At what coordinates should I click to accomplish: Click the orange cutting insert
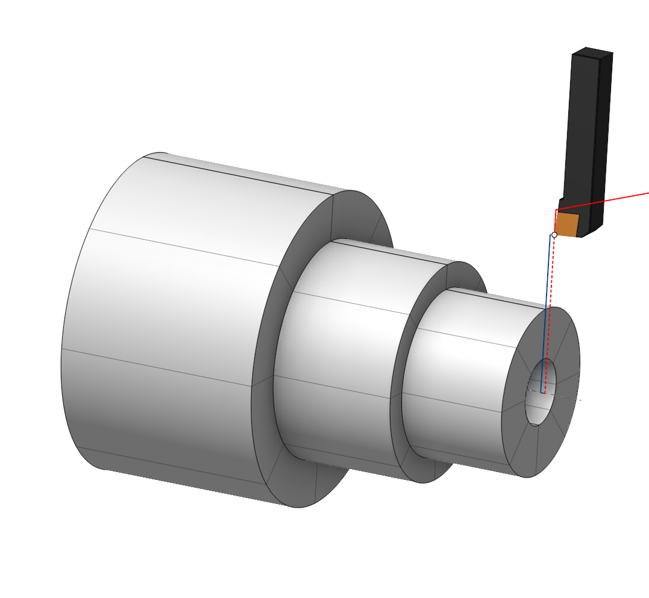(566, 224)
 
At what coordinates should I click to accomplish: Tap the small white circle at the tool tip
(554, 235)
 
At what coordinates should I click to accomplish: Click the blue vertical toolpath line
(548, 289)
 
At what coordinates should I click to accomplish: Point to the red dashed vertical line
(553, 271)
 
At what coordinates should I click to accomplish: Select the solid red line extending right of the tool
(609, 201)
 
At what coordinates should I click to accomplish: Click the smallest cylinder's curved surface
(464, 373)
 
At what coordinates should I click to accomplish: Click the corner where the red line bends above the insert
(556, 210)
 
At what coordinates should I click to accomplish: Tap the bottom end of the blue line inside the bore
(542, 393)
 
